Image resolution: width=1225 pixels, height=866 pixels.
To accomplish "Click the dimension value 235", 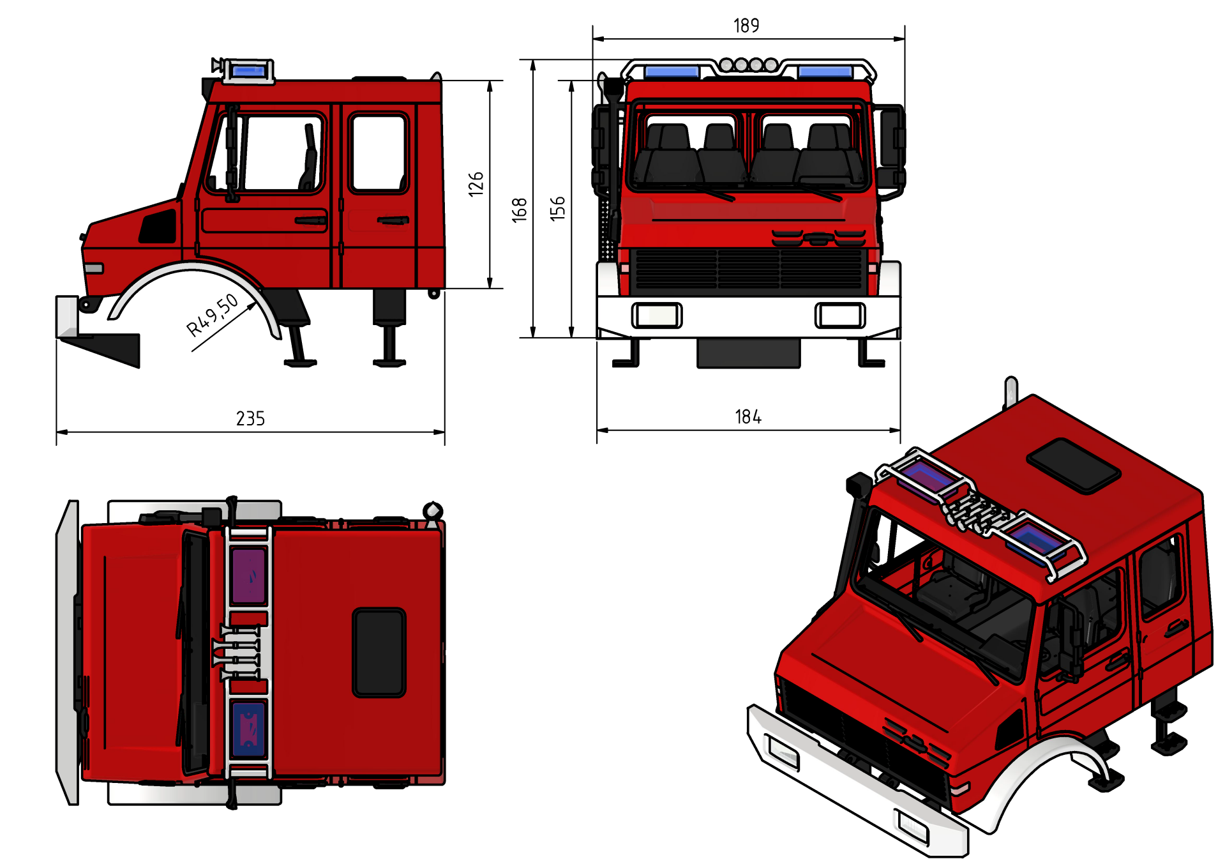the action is pyautogui.click(x=250, y=418).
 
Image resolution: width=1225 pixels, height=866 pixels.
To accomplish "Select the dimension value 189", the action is pyautogui.click(x=746, y=26).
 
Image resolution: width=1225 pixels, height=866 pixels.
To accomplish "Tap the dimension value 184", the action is pyautogui.click(x=748, y=417).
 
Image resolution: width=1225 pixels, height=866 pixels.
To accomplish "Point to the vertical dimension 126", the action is pyautogui.click(x=476, y=184).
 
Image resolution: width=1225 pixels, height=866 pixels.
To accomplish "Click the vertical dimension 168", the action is pyautogui.click(x=520, y=210).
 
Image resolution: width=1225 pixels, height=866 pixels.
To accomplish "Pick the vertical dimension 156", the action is pyautogui.click(x=558, y=209).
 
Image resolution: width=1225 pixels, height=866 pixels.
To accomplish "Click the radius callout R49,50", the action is pyautogui.click(x=212, y=315).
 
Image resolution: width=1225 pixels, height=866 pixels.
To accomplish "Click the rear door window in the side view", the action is pyautogui.click(x=379, y=153).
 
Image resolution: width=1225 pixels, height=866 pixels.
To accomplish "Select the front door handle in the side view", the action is pyautogui.click(x=311, y=221).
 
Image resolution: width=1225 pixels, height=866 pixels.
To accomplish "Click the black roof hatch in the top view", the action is pyautogui.click(x=379, y=652).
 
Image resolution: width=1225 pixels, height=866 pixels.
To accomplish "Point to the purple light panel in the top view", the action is pyautogui.click(x=249, y=575).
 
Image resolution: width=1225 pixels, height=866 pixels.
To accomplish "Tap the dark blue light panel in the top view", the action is pyautogui.click(x=248, y=729).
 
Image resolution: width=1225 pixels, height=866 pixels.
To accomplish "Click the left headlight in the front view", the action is pyautogui.click(x=657, y=315).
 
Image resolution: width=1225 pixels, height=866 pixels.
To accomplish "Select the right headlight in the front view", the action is pyautogui.click(x=840, y=315).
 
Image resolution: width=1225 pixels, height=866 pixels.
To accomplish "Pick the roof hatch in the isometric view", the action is pyautogui.click(x=1074, y=466).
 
